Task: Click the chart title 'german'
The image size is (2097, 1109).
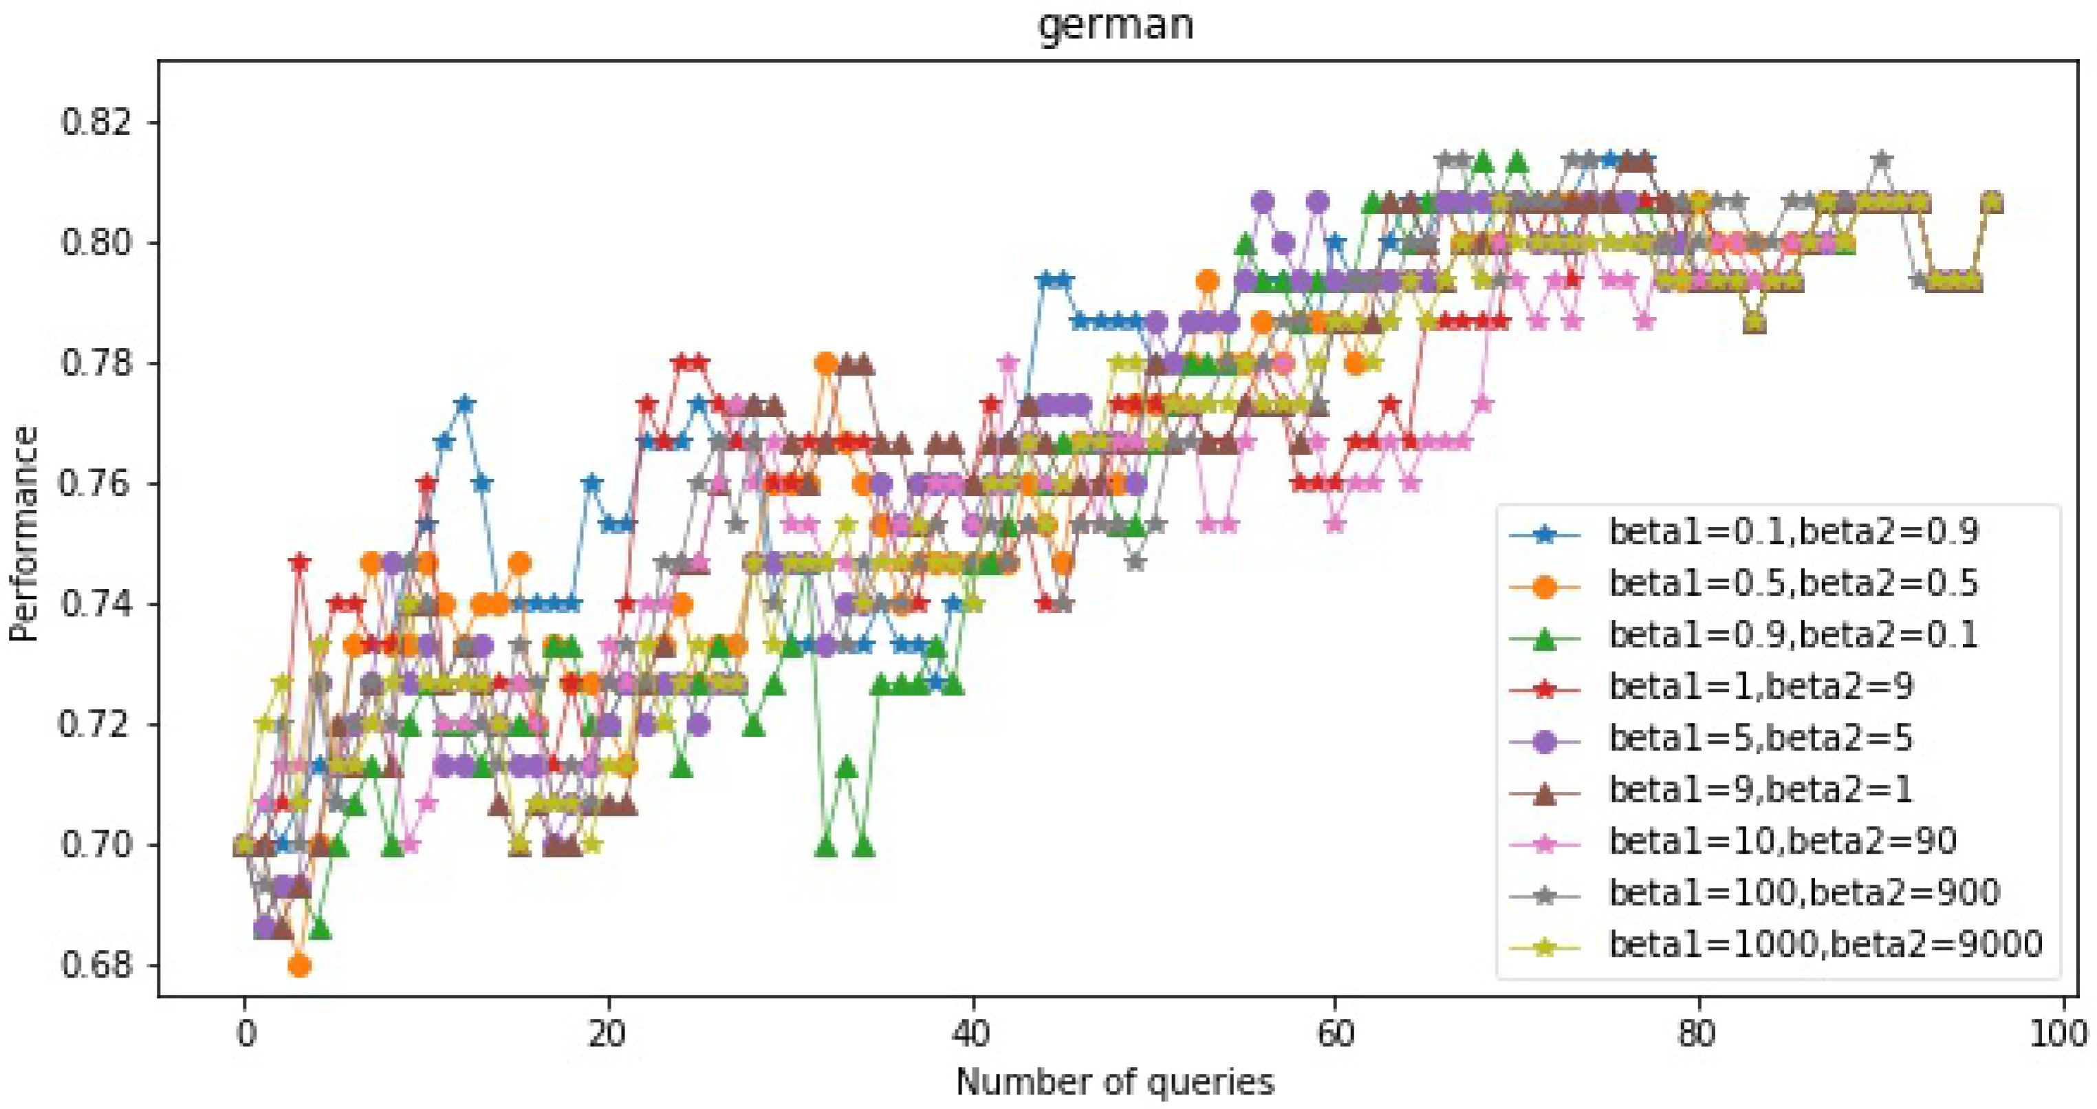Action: (x=1116, y=25)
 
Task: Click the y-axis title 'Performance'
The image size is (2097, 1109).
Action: (x=25, y=534)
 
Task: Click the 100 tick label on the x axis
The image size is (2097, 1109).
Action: (x=2061, y=1034)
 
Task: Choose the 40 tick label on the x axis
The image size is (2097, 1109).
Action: (x=971, y=1034)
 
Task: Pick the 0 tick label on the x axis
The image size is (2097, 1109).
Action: (x=245, y=1034)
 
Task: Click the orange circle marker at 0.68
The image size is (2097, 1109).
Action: (x=300, y=966)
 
